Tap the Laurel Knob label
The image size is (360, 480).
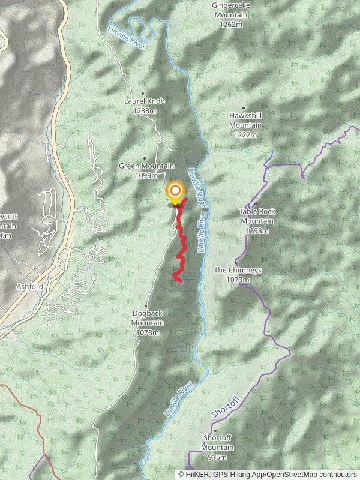coord(144,101)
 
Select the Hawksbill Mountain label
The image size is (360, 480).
coord(245,121)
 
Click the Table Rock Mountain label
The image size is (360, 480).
coord(256,217)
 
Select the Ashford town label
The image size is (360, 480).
coord(29,287)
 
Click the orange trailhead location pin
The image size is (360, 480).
coord(175,193)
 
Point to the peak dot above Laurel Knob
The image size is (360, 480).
coord(143,93)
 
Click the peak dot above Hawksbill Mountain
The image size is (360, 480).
coord(244,108)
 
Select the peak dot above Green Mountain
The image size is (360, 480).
coord(145,158)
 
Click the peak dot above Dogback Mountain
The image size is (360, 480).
coord(146,298)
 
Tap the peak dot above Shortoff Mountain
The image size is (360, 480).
coord(214,430)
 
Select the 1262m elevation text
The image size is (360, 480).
coord(230,25)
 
